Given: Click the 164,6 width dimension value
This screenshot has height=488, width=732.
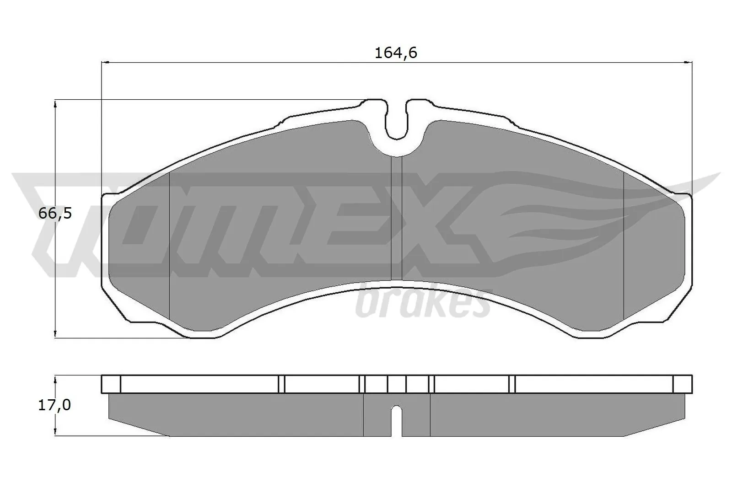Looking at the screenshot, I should [x=396, y=54].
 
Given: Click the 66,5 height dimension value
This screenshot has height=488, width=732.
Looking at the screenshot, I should [x=55, y=213].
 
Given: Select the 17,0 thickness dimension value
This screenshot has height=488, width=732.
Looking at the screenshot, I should [x=54, y=405].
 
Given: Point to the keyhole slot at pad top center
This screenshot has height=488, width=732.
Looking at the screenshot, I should [x=396, y=121].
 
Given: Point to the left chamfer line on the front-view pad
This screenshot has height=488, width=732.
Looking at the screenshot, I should [x=170, y=247].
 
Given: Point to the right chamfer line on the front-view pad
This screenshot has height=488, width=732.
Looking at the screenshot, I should [x=624, y=247].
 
